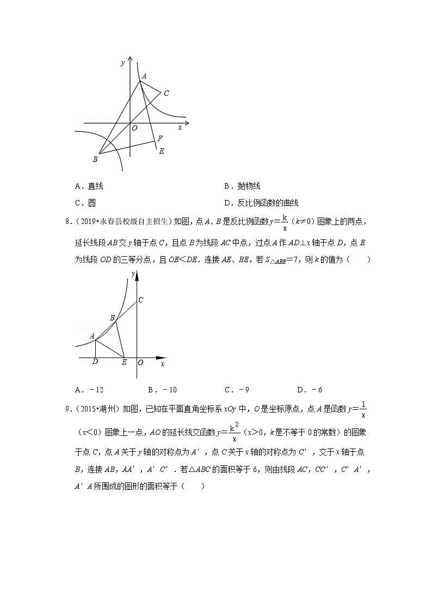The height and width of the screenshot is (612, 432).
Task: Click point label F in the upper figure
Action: tap(160, 139)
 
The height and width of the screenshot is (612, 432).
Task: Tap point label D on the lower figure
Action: tap(95, 362)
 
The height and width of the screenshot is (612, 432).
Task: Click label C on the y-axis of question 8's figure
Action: tap(141, 300)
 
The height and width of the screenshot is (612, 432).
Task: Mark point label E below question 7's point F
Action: tap(162, 151)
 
